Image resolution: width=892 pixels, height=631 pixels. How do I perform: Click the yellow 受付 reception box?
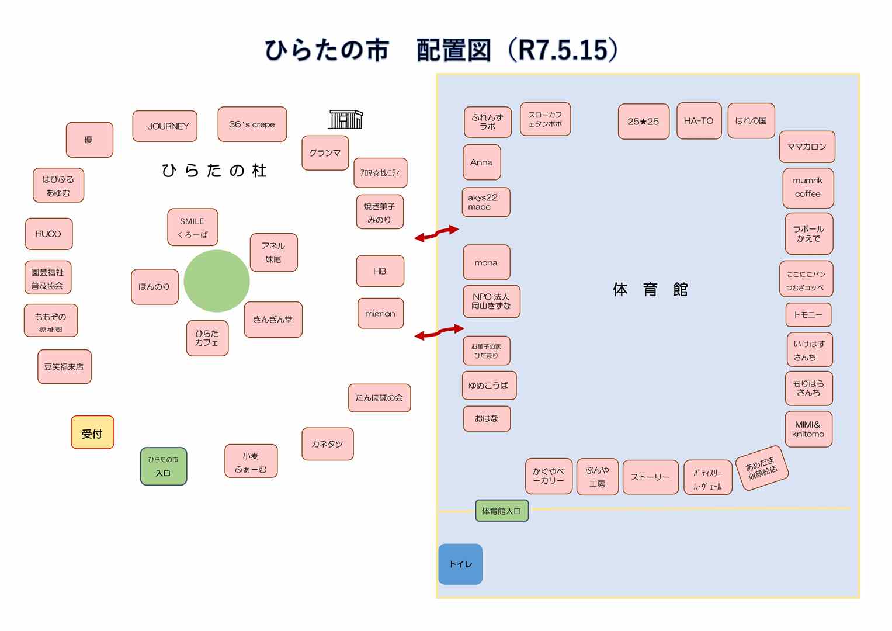pos(92,432)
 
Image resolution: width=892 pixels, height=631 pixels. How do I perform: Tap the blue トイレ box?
pos(460,564)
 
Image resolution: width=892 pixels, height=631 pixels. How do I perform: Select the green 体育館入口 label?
pos(502,511)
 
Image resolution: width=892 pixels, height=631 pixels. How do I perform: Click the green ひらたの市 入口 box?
pos(164,466)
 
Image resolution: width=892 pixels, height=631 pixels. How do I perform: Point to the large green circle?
pos(217,281)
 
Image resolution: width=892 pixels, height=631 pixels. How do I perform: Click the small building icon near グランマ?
pos(346,119)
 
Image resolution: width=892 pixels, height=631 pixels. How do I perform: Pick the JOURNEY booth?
pos(165,126)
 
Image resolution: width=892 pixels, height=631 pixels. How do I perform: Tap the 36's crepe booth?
pos(252,124)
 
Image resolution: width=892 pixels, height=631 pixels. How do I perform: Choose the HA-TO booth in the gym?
pos(699,121)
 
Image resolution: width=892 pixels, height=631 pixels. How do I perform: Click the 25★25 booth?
pos(643,122)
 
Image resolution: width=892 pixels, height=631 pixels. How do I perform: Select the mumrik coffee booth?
pos(808,188)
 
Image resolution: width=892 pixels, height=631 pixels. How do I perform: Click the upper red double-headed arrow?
pos(436,233)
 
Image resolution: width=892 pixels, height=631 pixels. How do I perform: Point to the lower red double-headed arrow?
pos(439,332)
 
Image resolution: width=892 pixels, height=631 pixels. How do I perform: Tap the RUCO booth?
pos(48,234)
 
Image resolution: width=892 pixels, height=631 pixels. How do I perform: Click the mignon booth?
pos(380,314)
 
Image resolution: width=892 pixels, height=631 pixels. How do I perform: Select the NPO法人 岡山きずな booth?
pos(491,301)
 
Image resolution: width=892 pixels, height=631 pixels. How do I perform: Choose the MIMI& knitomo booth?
pos(808,429)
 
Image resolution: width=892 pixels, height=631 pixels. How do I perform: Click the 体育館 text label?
pos(650,289)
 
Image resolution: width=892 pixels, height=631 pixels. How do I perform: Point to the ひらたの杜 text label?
pos(214,171)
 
